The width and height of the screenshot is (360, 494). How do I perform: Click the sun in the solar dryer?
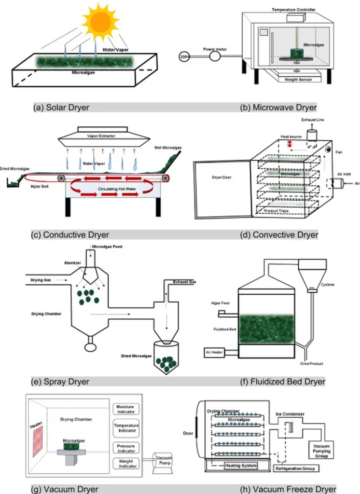101,20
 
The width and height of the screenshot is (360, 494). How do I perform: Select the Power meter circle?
215,56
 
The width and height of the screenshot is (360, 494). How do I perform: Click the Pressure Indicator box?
125,448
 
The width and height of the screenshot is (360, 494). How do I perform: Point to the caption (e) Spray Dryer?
61,382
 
